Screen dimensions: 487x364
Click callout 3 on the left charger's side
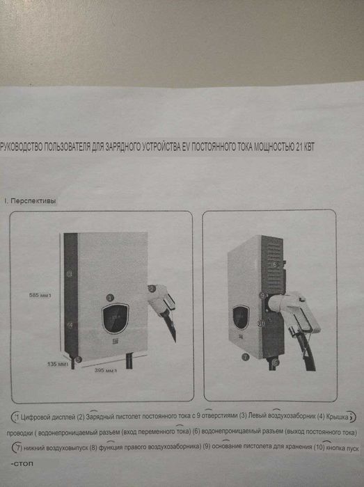tap(69, 274)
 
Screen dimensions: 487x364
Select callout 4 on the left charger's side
tap(69, 325)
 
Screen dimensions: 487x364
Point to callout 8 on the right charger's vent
tap(276, 264)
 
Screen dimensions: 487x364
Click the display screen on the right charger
tap(240, 317)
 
